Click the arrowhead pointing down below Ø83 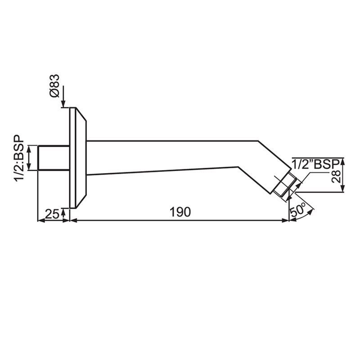[x=64, y=103]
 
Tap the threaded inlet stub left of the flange [x=53, y=158]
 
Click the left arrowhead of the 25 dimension [x=40, y=220]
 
